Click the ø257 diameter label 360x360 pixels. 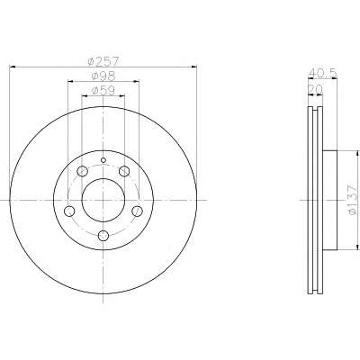tap(103, 61)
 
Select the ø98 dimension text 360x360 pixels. tap(103, 76)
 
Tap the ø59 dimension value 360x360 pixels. tap(103, 91)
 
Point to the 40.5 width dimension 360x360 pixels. tap(323, 73)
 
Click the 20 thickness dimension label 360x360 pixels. tap(315, 89)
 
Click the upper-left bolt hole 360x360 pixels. tap(82, 172)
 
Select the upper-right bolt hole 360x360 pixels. tap(124, 172)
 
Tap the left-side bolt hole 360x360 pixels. tap(69, 211)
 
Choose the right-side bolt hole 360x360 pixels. tap(138, 211)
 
